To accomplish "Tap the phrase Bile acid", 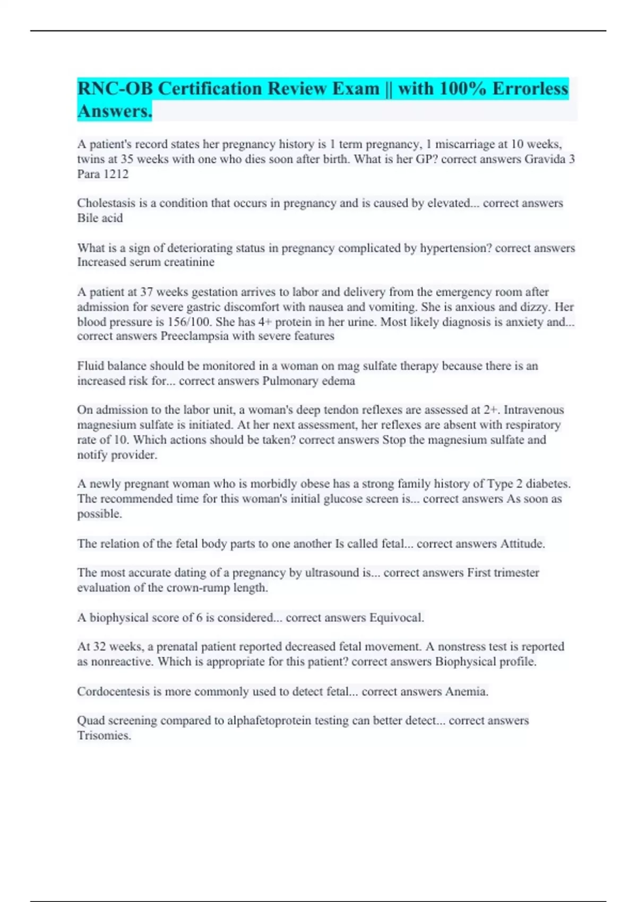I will pyautogui.click(x=100, y=218).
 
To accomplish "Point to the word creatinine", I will pyautogui.click(x=190, y=262).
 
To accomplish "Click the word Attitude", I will pyautogui.click(x=522, y=544).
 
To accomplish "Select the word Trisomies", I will pyautogui.click(x=104, y=736).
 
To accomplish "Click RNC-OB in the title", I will pyautogui.click(x=116, y=88).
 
